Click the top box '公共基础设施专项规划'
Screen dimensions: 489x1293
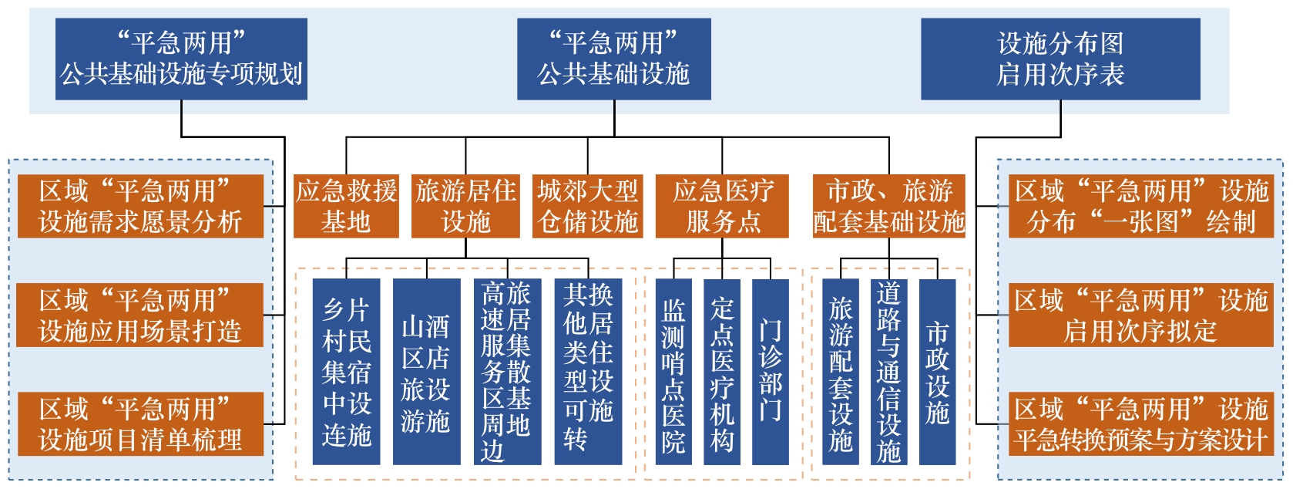click(181, 59)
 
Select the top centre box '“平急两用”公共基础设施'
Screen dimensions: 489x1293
click(613, 59)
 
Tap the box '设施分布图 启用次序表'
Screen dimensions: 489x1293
click(1060, 59)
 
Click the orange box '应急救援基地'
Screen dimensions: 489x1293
click(346, 206)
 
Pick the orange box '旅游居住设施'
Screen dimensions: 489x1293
click(465, 206)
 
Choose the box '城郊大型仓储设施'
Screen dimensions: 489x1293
click(588, 206)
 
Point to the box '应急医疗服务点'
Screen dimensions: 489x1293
click(722, 206)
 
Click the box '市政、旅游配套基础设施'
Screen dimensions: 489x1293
click(888, 206)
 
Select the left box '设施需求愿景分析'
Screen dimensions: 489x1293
click(140, 206)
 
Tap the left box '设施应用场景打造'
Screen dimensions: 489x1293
click(140, 315)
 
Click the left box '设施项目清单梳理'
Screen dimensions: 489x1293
click(140, 424)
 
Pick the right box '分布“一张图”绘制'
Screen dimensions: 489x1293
click(1140, 206)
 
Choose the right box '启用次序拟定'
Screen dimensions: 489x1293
click(1140, 315)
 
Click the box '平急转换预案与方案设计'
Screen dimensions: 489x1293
click(1140, 424)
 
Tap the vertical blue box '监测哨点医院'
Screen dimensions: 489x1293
click(673, 372)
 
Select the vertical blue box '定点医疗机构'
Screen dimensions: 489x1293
click(722, 372)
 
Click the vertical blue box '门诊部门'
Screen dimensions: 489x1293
click(770, 372)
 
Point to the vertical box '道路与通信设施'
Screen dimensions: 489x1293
click(888, 372)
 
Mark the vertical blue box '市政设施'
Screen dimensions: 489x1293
click(937, 372)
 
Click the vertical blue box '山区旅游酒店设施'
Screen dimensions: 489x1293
click(426, 372)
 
